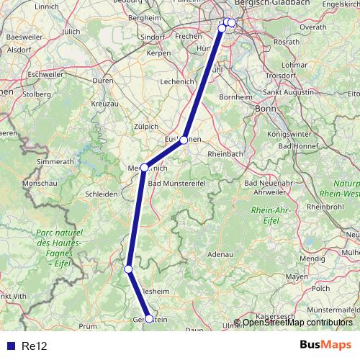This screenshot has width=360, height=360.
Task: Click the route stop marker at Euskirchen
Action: (184, 140)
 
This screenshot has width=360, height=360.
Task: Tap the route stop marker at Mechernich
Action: (145, 168)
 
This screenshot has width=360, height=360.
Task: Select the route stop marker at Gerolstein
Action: (149, 318)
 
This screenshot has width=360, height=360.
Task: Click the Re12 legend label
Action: (35, 346)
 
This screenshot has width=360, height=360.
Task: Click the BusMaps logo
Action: (326, 346)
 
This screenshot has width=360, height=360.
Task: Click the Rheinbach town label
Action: (227, 153)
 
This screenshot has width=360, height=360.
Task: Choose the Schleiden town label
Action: (101, 194)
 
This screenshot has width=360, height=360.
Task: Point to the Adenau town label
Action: (222, 254)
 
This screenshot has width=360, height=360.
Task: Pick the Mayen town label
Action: (297, 276)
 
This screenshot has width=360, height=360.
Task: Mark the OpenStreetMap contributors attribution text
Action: (297, 323)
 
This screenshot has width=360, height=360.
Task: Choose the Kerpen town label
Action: (158, 53)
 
